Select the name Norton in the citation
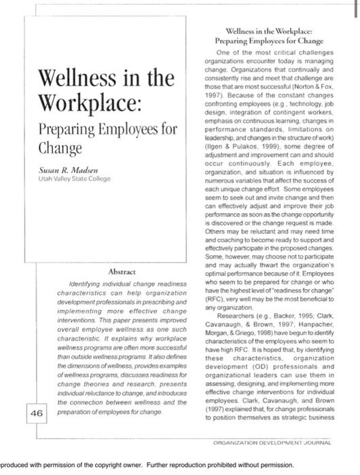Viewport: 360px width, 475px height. point(308,89)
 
